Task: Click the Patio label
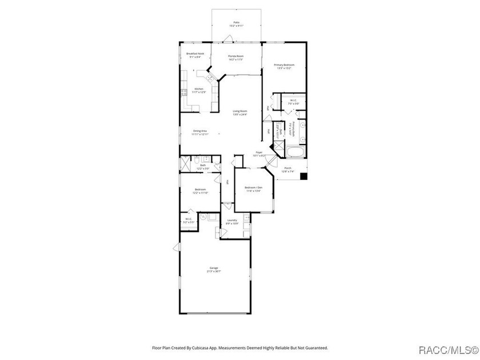pyautogui.click(x=237, y=22)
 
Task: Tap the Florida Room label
pyautogui.click(x=237, y=56)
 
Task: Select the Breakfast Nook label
pyautogui.click(x=195, y=53)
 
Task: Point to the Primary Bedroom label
pyautogui.click(x=283, y=65)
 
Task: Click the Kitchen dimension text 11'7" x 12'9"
pyautogui.click(x=199, y=92)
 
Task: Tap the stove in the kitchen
pyautogui.click(x=184, y=93)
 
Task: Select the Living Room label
pyautogui.click(x=239, y=111)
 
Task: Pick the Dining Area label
pyautogui.click(x=200, y=130)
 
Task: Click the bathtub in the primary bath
pyautogui.click(x=295, y=153)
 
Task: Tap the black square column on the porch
pyautogui.click(x=304, y=176)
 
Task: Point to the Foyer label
pyautogui.click(x=259, y=152)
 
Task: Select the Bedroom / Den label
pyautogui.click(x=253, y=187)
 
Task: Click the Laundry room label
pyautogui.click(x=232, y=219)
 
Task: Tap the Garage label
pyautogui.click(x=214, y=267)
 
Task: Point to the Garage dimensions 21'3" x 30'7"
pyautogui.click(x=214, y=271)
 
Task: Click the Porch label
pyautogui.click(x=287, y=167)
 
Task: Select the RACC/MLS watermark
pyautogui.click(x=448, y=349)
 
